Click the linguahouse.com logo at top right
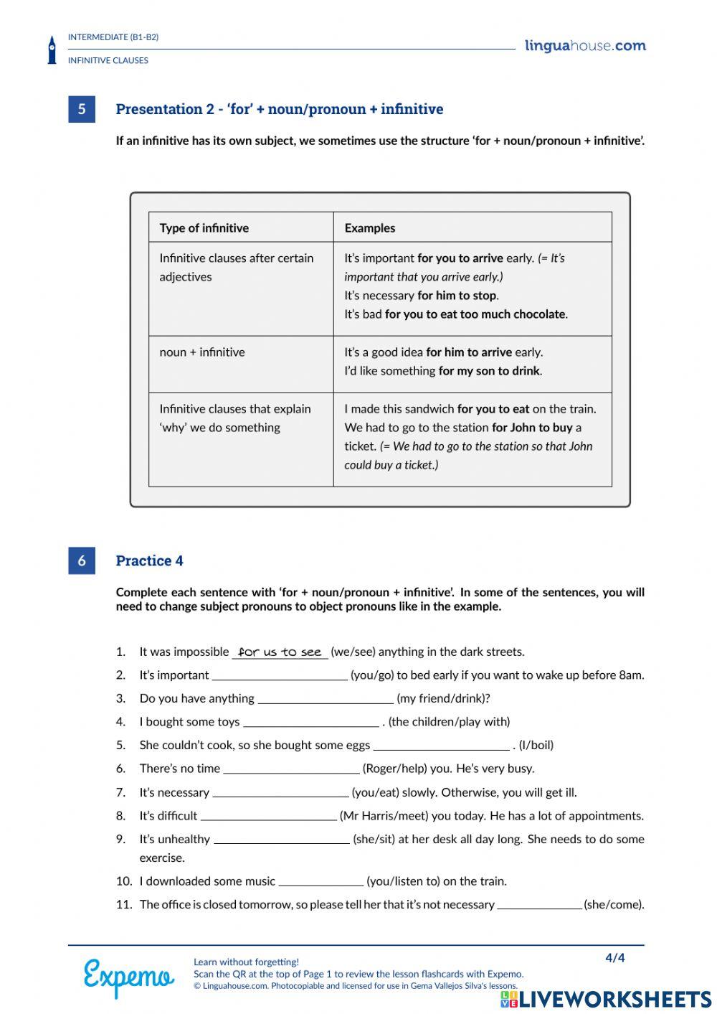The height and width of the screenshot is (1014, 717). [585, 46]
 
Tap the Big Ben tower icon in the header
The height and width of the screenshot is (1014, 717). [52, 50]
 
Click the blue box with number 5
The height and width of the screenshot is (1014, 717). [82, 109]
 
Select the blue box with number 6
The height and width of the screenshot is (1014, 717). [82, 560]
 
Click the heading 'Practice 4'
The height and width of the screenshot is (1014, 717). [149, 560]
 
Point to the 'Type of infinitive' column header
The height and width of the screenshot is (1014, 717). [204, 228]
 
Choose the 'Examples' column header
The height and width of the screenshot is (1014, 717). [369, 228]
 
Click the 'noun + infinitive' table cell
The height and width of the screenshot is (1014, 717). [202, 352]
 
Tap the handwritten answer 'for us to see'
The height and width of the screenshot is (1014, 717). [280, 652]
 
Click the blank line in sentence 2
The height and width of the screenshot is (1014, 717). [280, 676]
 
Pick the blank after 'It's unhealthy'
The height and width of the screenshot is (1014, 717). [281, 840]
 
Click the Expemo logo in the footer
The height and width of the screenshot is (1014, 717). [128, 977]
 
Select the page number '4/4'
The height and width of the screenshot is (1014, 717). [615, 958]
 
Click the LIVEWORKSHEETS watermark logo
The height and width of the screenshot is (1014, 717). [606, 1000]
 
